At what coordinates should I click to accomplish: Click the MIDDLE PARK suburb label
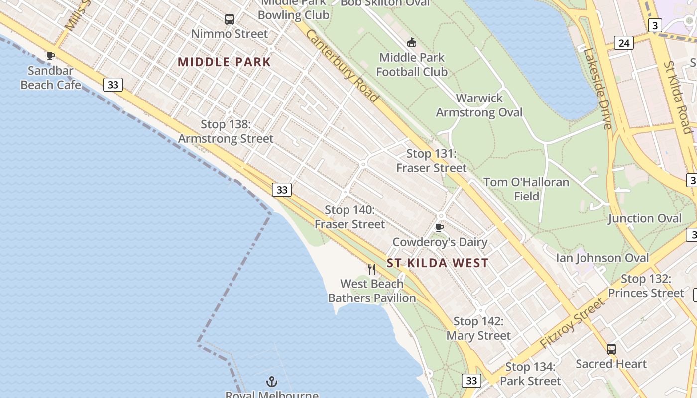pos(224,62)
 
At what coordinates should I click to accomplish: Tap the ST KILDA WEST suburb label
pos(438,263)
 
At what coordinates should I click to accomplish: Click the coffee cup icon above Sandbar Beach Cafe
pos(50,56)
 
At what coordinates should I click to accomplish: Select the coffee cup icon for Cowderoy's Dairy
pos(439,227)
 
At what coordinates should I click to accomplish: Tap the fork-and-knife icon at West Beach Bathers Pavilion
pos(372,269)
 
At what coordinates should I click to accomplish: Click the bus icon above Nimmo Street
pos(229,19)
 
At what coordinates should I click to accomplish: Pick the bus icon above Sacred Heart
pos(611,349)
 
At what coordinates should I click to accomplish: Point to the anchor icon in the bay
pos(272,382)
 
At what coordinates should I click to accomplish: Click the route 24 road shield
pos(624,43)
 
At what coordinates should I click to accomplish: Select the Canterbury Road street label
pos(342,66)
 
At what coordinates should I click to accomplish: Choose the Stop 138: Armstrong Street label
pos(226,131)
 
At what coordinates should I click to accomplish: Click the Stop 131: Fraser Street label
pos(432,161)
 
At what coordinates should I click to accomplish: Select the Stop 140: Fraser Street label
pos(350,217)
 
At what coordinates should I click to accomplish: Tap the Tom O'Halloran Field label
pos(526,189)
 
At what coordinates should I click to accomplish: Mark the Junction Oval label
pos(645,218)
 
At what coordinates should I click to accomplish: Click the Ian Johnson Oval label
pos(602,258)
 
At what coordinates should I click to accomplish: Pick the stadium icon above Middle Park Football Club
pos(412,43)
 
